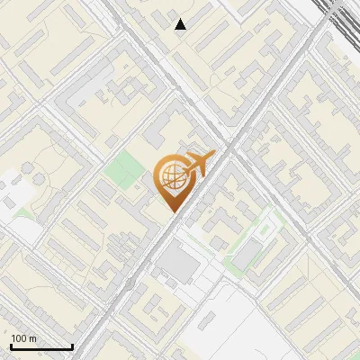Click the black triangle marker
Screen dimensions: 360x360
click(x=181, y=24)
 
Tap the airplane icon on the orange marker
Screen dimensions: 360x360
click(x=200, y=163)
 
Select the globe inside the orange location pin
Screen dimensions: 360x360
click(x=171, y=180)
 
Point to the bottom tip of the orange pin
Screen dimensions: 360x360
click(x=172, y=211)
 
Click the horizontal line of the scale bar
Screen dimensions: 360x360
click(x=41, y=346)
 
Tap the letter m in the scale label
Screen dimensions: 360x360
click(x=33, y=338)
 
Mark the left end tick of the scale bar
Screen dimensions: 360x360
click(x=11, y=345)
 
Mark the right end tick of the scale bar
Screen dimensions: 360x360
click(x=72, y=345)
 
